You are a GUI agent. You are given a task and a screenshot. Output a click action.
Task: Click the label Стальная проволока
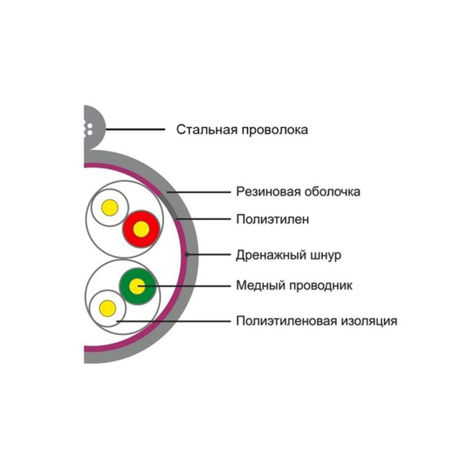242,130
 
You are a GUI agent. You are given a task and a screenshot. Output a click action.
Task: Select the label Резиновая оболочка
298,192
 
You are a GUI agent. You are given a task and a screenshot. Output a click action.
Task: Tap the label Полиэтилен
272,219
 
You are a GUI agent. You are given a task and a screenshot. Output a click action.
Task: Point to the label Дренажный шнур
289,255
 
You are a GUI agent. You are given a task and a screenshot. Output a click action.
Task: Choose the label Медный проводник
294,286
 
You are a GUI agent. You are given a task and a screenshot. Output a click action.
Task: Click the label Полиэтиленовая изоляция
316,321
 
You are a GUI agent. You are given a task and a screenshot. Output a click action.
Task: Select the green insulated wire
137,287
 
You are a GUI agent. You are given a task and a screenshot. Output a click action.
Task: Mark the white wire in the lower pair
106,308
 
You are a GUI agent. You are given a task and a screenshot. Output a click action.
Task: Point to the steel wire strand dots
87,130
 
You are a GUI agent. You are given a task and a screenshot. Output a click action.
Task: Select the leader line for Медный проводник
194,286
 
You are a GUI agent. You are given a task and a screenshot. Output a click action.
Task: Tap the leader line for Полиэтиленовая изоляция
174,321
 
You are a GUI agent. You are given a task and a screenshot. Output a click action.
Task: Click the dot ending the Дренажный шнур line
188,255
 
